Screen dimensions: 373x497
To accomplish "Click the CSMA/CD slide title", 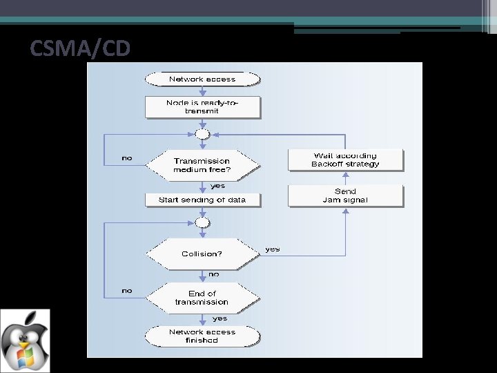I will (80, 49).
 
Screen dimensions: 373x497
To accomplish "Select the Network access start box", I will (202, 79).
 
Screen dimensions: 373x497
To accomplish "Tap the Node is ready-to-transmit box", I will (202, 106).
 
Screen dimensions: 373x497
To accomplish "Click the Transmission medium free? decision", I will (202, 165).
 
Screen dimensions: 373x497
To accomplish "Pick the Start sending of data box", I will (202, 200).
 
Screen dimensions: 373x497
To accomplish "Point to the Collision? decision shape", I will (202, 254).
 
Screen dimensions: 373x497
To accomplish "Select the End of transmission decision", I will (202, 298).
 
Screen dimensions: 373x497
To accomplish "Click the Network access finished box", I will (202, 336).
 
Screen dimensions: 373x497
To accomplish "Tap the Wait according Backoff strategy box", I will (345, 160).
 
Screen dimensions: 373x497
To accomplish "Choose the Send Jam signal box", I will (345, 195).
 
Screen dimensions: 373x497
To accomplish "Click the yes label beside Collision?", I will (273, 249).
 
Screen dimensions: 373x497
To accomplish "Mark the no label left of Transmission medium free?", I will (127, 158).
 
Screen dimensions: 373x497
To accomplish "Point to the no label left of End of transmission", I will (127, 291).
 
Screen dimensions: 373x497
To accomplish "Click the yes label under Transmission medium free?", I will (217, 186).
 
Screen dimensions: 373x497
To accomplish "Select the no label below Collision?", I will (214, 274).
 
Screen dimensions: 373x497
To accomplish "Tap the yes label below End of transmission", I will (220, 318).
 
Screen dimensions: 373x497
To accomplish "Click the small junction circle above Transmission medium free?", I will (202, 134).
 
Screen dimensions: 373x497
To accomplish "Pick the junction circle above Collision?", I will (202, 222).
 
